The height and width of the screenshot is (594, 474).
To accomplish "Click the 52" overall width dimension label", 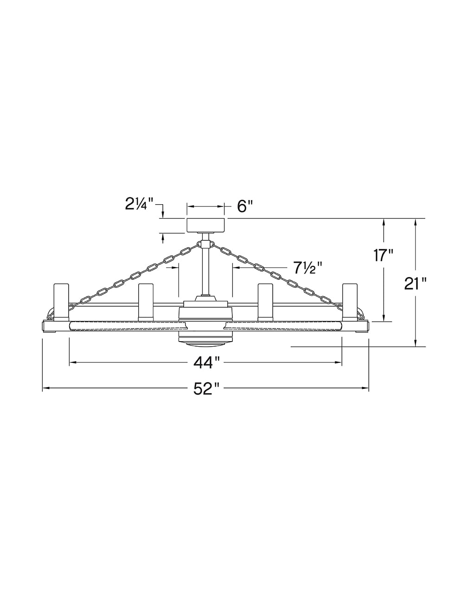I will click(205, 388).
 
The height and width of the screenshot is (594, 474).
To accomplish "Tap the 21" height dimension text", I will click(415, 283).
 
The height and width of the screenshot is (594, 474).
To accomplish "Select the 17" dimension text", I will click(383, 255).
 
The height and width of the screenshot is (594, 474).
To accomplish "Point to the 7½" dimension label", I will click(307, 268).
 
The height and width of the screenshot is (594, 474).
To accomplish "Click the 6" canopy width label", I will click(244, 206).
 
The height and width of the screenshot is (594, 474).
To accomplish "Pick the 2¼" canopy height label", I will click(139, 204).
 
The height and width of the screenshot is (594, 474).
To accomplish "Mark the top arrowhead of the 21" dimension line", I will click(416, 222).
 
